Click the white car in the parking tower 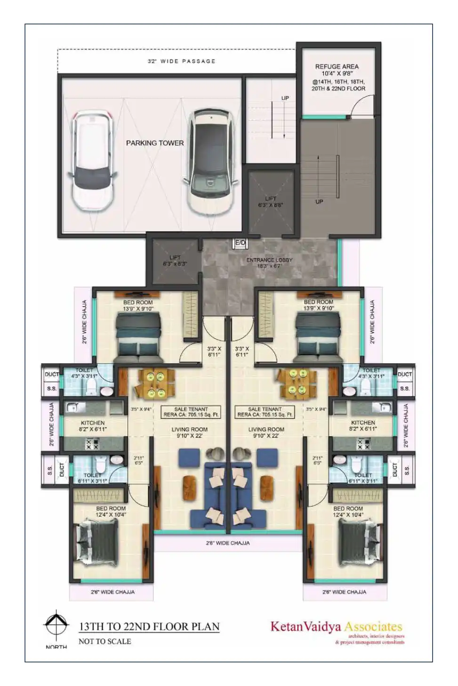[x=92, y=160]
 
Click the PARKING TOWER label [x=155, y=143]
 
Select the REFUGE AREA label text [x=337, y=67]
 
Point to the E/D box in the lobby [x=240, y=243]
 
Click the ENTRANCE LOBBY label [x=269, y=260]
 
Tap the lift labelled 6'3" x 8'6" [x=271, y=202]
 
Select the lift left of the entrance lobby [x=175, y=261]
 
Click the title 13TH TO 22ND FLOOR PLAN [x=149, y=627]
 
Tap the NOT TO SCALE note [x=104, y=641]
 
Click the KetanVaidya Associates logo [x=337, y=627]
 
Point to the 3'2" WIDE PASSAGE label [x=182, y=61]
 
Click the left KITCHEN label [x=93, y=423]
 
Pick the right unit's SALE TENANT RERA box [x=265, y=412]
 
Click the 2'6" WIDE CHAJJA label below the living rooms [x=228, y=543]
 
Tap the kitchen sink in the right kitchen [x=382, y=407]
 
